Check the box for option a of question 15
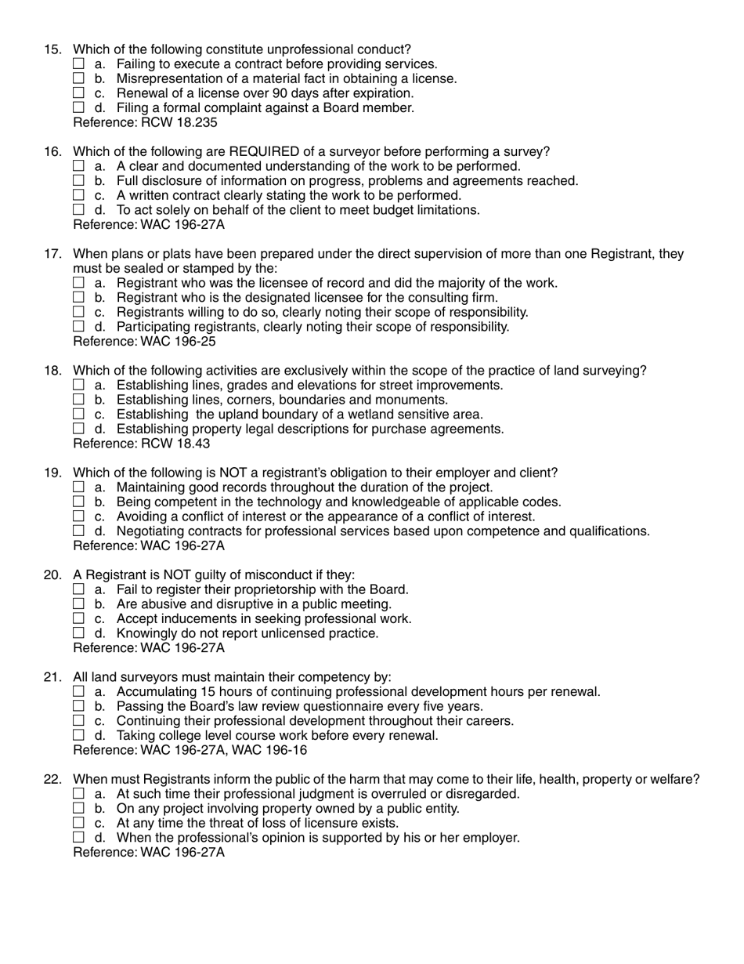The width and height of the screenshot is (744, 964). click(78, 63)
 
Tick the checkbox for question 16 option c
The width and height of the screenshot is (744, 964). click(78, 195)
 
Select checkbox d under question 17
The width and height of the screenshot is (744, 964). click(78, 326)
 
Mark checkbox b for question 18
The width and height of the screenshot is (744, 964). click(78, 400)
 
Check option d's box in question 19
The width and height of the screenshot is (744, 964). click(78, 531)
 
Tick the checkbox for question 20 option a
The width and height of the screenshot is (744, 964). click(78, 589)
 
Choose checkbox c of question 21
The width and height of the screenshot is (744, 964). click(78, 721)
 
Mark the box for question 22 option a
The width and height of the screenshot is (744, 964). click(78, 794)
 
